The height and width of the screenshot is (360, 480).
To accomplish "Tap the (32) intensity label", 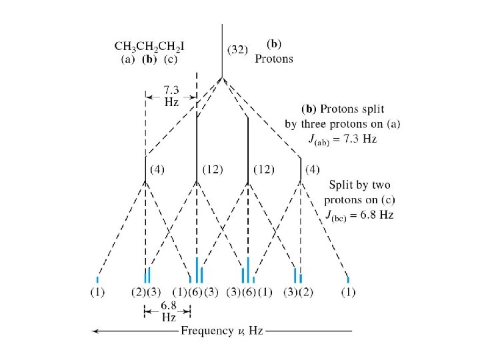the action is pos(239,49).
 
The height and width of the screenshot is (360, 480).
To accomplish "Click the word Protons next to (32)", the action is pos(274,59).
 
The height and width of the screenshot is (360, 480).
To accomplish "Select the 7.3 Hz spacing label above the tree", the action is pos(171,97).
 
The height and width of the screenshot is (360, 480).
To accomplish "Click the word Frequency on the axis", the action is pos(207,331).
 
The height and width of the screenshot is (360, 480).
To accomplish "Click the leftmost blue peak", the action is pos(97,279).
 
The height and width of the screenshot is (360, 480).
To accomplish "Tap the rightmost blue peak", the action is pos(349,279).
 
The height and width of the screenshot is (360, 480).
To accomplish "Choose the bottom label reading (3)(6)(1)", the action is pos(249,292).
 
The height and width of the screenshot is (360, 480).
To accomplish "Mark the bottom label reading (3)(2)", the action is pos(298,292).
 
